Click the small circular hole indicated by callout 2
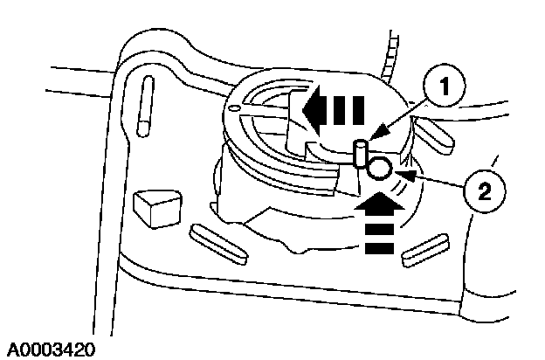(x=379, y=168)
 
